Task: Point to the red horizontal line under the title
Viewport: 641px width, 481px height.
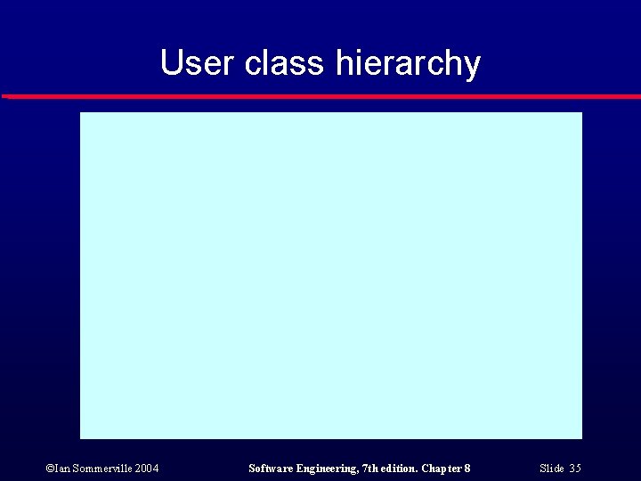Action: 320,96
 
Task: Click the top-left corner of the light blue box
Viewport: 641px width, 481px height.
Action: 81,113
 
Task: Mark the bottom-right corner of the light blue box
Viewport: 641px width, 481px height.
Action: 580,437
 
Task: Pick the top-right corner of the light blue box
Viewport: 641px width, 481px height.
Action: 580,113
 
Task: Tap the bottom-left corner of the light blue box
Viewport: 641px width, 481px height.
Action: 81,437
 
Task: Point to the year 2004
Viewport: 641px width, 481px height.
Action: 147,469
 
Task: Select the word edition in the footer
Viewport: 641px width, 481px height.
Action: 401,469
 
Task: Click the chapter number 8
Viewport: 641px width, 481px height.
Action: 467,469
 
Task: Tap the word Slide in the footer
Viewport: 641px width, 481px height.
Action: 551,469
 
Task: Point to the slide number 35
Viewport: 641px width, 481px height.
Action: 575,469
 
